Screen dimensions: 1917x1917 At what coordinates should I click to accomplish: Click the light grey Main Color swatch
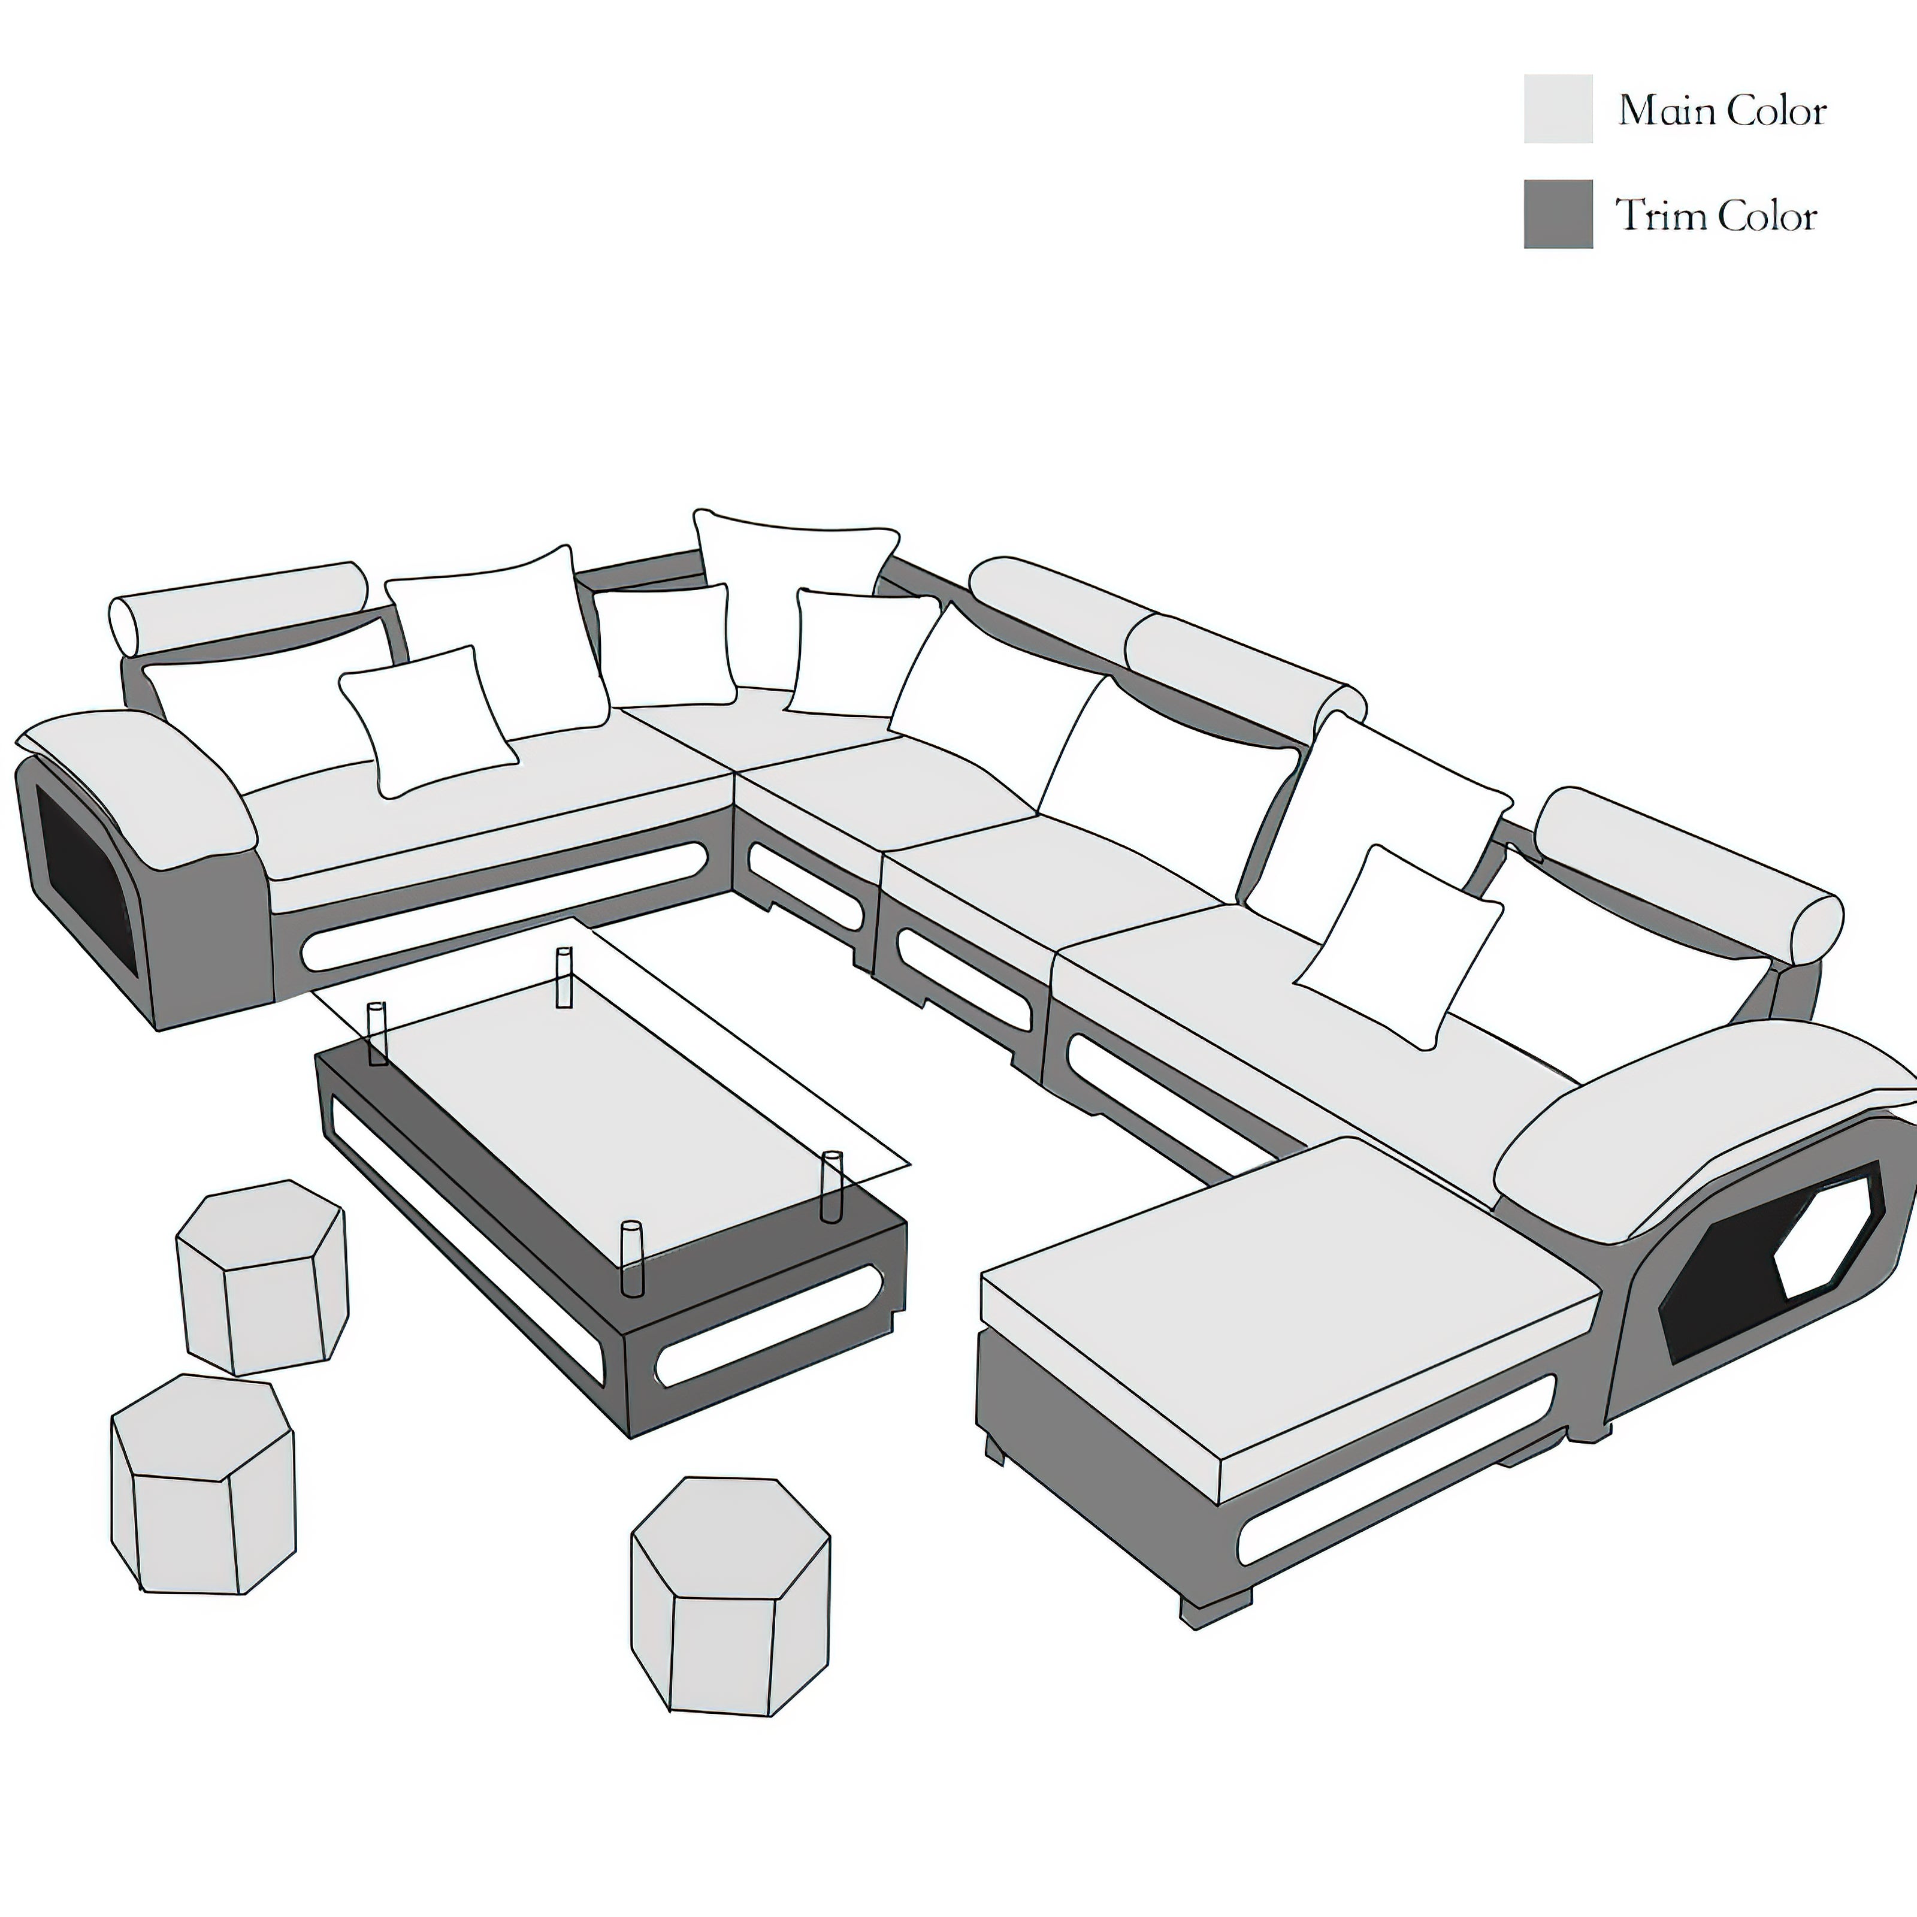(1558, 108)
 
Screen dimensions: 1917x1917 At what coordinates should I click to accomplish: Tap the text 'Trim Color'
(1716, 215)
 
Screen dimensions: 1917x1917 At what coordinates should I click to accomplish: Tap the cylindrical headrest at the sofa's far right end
(1687, 873)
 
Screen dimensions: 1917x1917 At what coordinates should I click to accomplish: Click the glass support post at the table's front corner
(631, 1257)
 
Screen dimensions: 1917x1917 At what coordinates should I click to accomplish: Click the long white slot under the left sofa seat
(506, 905)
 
